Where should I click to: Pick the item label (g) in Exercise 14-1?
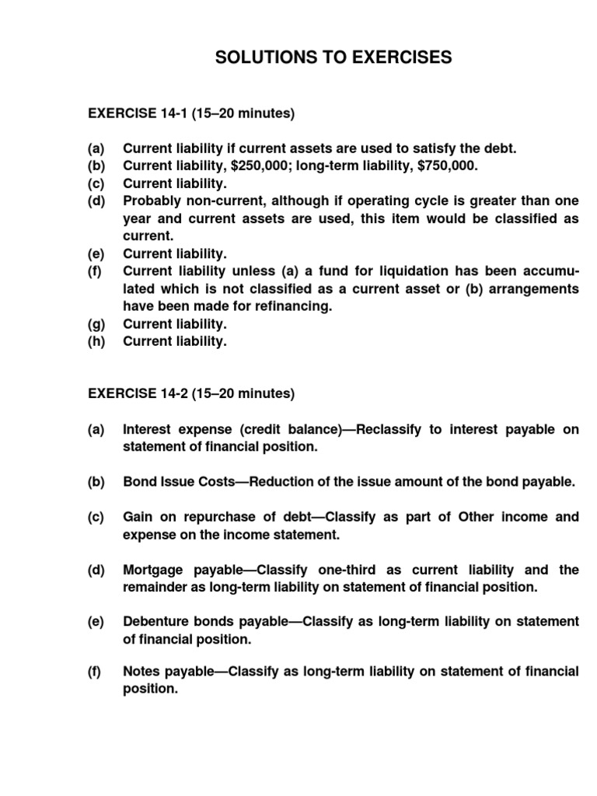coord(96,324)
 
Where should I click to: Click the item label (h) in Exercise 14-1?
coord(96,341)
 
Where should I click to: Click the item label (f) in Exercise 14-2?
coord(96,672)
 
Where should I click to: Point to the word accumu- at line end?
coord(549,271)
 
